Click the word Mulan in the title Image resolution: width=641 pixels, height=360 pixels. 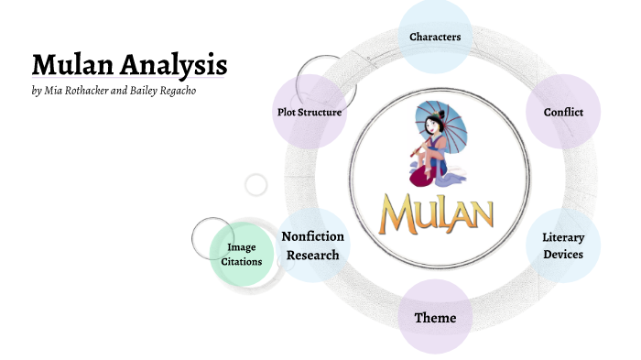70,65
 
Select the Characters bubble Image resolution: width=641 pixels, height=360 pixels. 435,37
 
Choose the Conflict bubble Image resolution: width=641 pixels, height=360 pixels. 563,112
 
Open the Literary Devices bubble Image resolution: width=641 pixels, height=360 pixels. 563,245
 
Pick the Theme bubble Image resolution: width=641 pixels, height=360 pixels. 435,318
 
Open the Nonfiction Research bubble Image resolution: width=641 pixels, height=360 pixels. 313,245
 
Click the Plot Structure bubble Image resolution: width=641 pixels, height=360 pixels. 310,112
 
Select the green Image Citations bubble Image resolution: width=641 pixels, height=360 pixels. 242,254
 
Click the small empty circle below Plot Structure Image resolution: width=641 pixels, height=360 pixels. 256,184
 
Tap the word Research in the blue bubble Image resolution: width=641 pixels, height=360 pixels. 313,255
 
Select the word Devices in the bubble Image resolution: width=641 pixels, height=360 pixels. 563,254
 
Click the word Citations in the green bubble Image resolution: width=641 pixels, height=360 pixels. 242,261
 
